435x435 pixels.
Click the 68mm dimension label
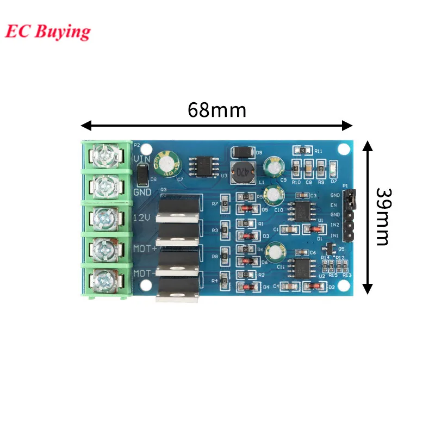[217, 110]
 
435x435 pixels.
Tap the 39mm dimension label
[383, 217]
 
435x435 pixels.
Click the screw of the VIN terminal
[104, 155]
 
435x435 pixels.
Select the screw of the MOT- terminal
[103, 279]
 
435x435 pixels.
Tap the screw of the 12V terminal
[103, 217]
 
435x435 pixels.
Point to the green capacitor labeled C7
[167, 165]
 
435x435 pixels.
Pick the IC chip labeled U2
[299, 268]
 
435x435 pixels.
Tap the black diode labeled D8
[141, 175]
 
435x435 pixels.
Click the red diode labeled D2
[314, 286]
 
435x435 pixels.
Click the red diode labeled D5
[247, 208]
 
